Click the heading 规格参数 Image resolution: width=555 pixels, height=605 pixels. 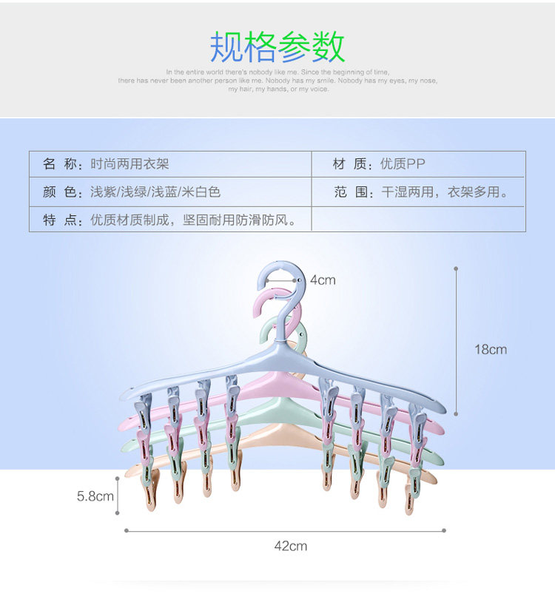pos(277,47)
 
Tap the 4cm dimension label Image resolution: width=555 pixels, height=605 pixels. pos(323,280)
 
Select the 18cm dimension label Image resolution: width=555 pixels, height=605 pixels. pos(491,349)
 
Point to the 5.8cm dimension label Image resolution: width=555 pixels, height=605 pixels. pos(95,496)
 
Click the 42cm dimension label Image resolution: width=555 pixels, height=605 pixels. pos(290,547)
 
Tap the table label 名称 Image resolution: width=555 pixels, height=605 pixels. pos(61,164)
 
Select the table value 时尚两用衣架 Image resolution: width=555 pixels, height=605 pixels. pos(129,164)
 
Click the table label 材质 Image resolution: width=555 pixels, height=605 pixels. pos(350,164)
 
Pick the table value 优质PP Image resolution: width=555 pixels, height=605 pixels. pos(403,164)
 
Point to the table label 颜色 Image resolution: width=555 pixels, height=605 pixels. pos(61,192)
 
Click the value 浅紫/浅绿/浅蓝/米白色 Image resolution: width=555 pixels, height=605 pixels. pos(155,192)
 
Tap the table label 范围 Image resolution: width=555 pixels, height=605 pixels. pos(350,192)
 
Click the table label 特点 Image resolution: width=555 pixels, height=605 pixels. pos(61,220)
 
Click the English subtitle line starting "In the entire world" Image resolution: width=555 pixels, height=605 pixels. pos(277,72)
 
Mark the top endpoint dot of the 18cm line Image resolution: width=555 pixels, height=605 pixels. pos(456,268)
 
